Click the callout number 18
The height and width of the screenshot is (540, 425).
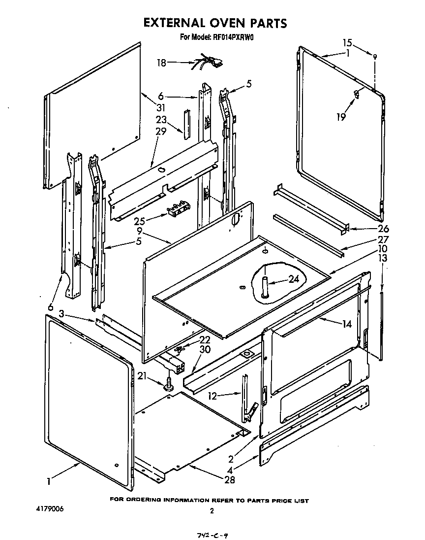[161, 63]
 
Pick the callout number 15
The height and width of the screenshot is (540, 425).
[347, 43]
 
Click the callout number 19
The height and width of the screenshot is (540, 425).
[341, 116]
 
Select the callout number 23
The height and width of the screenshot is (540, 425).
[161, 119]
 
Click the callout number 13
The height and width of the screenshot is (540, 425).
[382, 258]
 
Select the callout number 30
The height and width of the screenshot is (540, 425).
[205, 350]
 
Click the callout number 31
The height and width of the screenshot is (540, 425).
[161, 108]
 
